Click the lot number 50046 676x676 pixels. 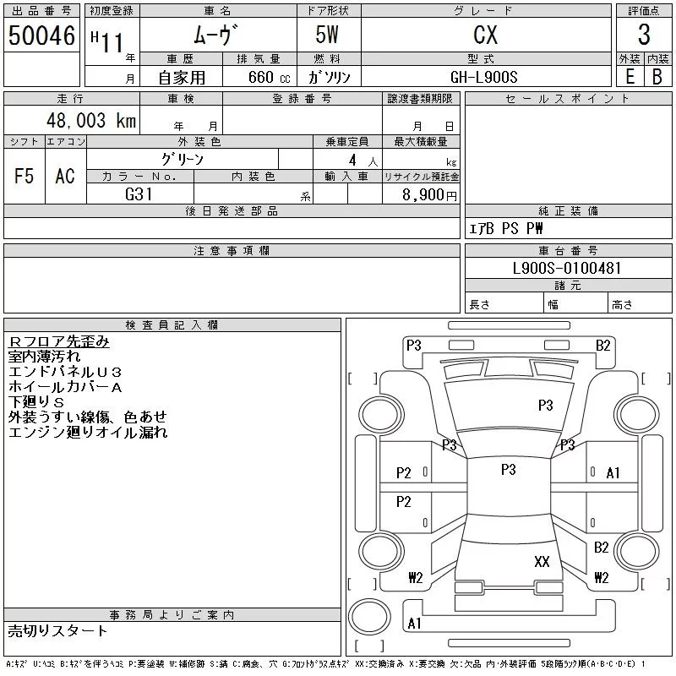click(41, 35)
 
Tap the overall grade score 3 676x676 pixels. click(644, 35)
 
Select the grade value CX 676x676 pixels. click(485, 35)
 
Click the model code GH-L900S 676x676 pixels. click(483, 77)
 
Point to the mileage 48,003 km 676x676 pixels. click(91, 120)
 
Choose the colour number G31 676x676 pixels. click(139, 194)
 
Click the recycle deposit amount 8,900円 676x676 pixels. click(429, 195)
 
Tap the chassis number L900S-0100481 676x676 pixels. click(566, 268)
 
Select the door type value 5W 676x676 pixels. click(327, 35)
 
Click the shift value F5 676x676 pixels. click(24, 176)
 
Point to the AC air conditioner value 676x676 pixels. click(65, 176)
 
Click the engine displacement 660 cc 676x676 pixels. click(269, 77)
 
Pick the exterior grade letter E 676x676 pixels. click(630, 77)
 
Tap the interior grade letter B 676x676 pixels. click(657, 77)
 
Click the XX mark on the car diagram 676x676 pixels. click(542, 561)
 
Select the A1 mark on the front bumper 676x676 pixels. click(414, 623)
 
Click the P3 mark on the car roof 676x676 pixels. click(509, 470)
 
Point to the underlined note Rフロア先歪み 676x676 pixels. click(58, 341)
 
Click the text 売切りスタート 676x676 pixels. click(57, 630)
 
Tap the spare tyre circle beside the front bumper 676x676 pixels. click(369, 617)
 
